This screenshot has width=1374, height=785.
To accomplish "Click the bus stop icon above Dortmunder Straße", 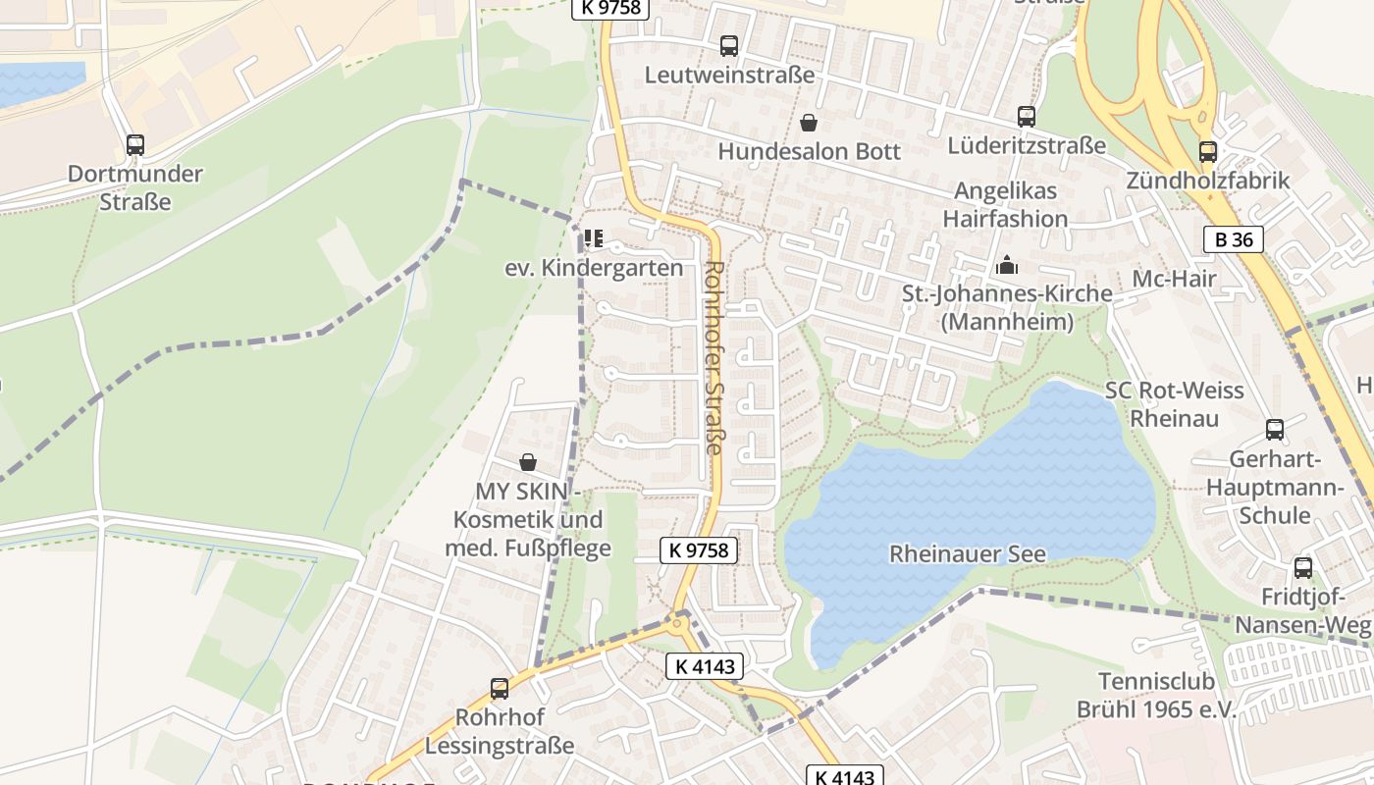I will click(135, 145).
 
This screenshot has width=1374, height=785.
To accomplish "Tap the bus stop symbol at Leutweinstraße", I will click(728, 45).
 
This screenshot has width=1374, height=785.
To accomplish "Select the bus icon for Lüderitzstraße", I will click(1026, 117).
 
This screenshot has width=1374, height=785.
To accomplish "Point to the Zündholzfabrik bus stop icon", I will click(1207, 152).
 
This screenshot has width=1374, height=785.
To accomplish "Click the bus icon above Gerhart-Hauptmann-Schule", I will click(1274, 430).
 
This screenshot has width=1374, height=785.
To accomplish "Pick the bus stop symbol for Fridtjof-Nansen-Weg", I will click(1302, 567).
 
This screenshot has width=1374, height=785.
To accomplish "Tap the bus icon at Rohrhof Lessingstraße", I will click(500, 689).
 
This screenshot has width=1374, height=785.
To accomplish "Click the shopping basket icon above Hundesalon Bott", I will click(809, 123).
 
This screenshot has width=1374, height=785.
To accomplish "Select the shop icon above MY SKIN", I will click(528, 461).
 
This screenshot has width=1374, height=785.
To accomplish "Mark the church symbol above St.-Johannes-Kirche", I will click(1007, 265).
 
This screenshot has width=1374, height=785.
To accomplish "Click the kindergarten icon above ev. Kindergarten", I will click(593, 238).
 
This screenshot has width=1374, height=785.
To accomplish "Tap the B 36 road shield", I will click(1233, 238).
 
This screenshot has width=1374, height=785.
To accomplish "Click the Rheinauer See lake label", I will click(967, 554).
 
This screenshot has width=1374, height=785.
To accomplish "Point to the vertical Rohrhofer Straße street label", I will click(713, 357).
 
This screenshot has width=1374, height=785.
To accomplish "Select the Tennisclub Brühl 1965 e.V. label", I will click(1156, 696).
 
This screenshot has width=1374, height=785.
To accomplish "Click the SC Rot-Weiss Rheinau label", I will click(1174, 404).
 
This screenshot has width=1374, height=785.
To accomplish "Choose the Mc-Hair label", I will click(1174, 279).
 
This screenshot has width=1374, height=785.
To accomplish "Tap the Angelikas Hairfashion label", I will click(1005, 204).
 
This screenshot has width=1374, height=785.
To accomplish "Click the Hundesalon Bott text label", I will click(809, 152).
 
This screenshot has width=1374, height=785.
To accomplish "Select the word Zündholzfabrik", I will click(1207, 182).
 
